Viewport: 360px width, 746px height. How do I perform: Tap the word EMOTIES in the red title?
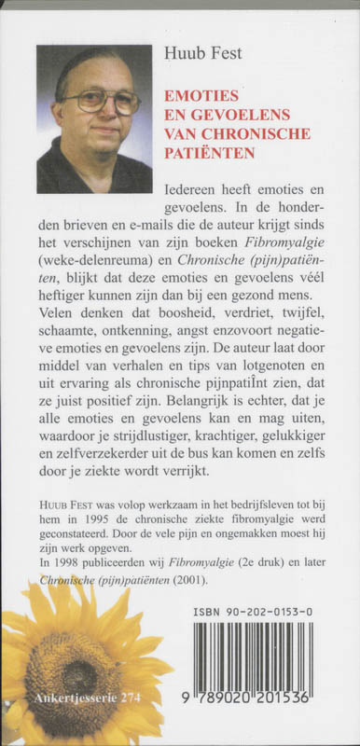coord(197,96)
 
